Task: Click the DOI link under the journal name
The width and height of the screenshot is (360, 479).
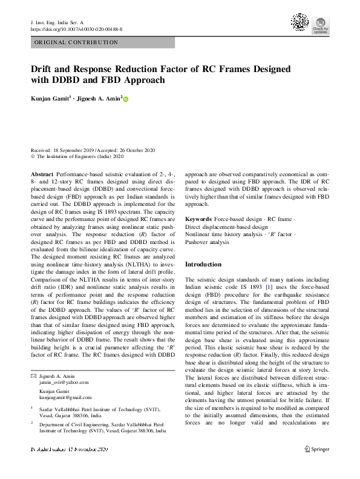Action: click(x=76, y=29)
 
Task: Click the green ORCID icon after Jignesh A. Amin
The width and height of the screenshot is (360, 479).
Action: click(x=126, y=97)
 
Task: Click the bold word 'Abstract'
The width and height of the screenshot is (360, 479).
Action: click(x=42, y=174)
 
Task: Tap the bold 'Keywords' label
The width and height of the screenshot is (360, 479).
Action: click(x=198, y=219)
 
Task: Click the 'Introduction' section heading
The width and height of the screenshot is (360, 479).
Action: click(x=203, y=265)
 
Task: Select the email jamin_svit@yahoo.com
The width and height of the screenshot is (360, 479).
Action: click(x=64, y=383)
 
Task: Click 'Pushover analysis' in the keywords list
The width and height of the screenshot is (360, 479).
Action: click(x=207, y=242)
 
